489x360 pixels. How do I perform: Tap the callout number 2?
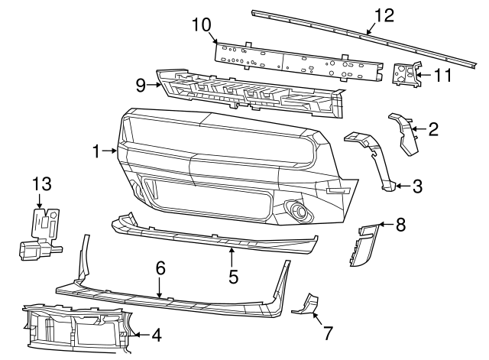tap(433, 129)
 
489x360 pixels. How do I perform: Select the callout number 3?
tap(416, 185)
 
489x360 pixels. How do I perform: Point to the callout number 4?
tap(157, 334)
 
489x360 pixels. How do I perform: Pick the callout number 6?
tap(160, 268)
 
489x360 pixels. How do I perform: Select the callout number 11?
tap(442, 75)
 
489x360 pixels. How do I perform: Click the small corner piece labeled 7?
tap(306, 303)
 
